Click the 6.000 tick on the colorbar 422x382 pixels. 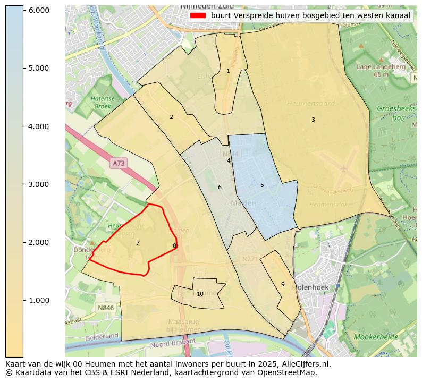[23, 10]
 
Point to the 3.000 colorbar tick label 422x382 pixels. [38, 184]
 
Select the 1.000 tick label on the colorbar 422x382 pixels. [38, 300]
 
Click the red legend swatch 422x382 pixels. [197, 15]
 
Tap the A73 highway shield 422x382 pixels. [119, 164]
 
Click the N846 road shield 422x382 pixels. [106, 308]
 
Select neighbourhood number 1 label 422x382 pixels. [228, 71]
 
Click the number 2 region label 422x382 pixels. [171, 117]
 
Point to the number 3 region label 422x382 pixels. [313, 120]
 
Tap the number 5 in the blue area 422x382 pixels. [262, 185]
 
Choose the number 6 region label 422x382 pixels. [220, 187]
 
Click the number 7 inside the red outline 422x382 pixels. [138, 243]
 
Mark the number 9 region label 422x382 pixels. [283, 284]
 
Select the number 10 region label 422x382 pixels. [200, 294]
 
